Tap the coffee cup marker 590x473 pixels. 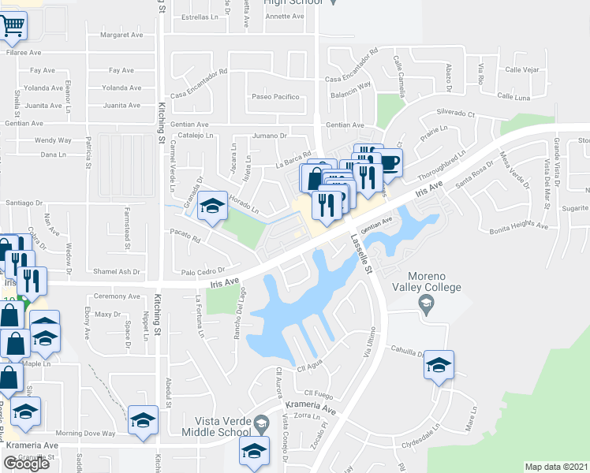(x=390, y=163)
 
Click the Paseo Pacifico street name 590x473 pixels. (x=275, y=97)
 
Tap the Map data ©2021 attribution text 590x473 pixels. (x=556, y=467)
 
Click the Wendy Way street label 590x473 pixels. (x=53, y=140)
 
